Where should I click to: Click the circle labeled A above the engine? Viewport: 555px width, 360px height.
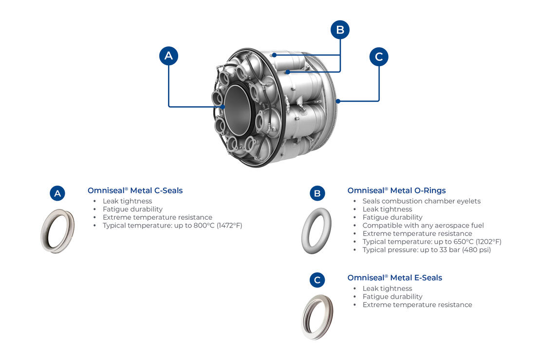(168, 56)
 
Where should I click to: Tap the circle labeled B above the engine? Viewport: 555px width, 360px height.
(340, 30)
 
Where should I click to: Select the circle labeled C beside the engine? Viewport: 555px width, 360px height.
(379, 57)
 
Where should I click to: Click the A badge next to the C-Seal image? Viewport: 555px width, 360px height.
(57, 193)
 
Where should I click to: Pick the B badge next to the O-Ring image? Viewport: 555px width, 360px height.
(317, 193)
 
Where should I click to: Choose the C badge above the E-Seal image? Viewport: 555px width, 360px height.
(317, 280)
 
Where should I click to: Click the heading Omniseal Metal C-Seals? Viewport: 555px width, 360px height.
(135, 190)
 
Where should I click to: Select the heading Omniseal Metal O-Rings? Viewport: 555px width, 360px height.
(396, 190)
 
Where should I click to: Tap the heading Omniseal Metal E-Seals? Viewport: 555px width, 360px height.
(394, 278)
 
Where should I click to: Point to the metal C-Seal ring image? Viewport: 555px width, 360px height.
(57, 231)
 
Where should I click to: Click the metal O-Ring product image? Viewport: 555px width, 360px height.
(316, 231)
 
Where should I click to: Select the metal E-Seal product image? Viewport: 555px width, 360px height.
(317, 317)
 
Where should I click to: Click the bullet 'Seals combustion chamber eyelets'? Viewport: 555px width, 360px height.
(421, 201)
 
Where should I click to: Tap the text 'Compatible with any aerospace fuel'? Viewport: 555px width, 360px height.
(423, 226)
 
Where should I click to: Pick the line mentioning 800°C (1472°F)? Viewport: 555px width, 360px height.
(172, 226)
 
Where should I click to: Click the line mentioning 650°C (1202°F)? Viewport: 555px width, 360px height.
(432, 242)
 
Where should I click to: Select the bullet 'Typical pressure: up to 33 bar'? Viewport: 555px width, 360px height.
(426, 250)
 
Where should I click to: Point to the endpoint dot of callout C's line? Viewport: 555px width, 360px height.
(337, 101)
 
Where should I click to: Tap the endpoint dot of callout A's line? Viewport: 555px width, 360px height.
(223, 106)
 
